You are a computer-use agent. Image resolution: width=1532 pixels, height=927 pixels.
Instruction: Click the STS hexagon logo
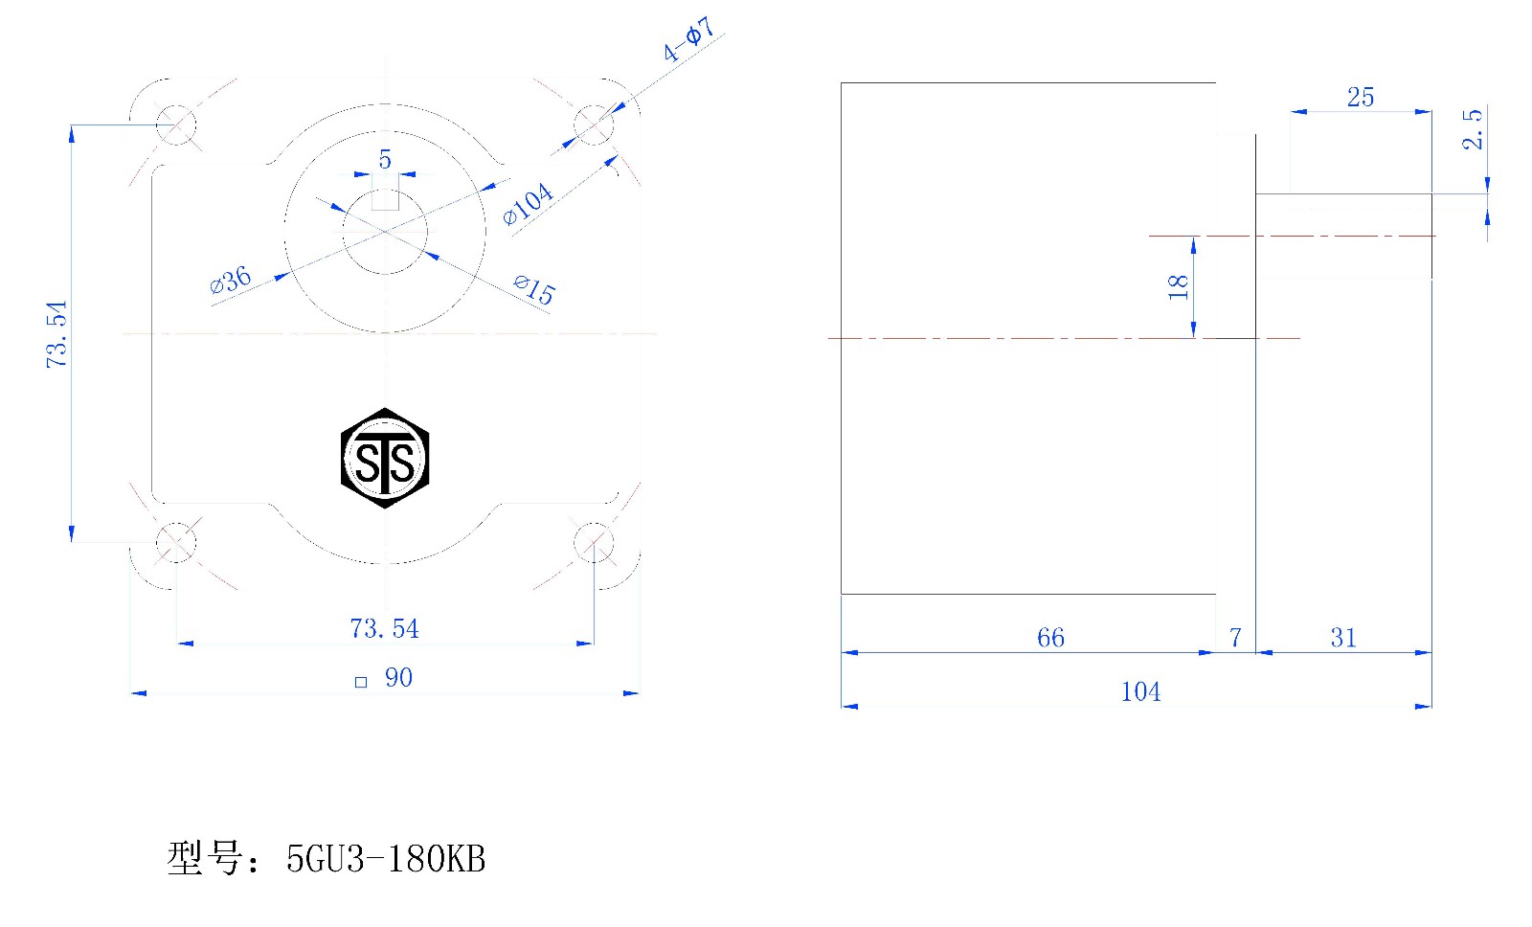pyautogui.click(x=385, y=458)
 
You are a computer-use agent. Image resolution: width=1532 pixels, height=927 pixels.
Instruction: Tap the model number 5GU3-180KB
pyautogui.click(x=386, y=859)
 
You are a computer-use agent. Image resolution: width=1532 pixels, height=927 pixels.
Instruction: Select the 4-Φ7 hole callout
pyautogui.click(x=688, y=39)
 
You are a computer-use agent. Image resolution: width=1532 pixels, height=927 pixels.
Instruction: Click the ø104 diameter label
pyautogui.click(x=528, y=203)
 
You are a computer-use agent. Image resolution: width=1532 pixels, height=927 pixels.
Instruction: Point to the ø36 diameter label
pyautogui.click(x=231, y=280)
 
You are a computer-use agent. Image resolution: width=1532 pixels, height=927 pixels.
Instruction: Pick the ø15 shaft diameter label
pyautogui.click(x=535, y=289)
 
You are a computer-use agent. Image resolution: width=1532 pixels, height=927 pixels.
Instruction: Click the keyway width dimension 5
pyautogui.click(x=385, y=159)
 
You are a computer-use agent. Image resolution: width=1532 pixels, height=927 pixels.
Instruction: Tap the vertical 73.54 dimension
pyautogui.click(x=56, y=334)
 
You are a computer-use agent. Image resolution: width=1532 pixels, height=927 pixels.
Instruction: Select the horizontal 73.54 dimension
pyautogui.click(x=384, y=629)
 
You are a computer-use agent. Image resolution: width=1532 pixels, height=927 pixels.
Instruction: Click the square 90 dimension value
pyautogui.click(x=398, y=677)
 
